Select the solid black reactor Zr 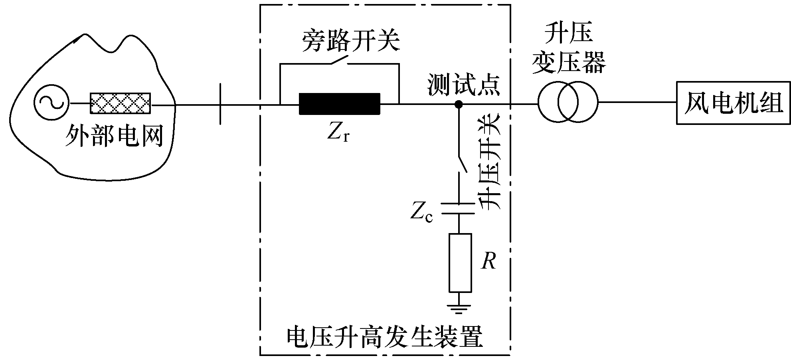pos(339,104)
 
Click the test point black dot pos(459,105)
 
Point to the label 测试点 pos(463,85)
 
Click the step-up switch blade pos(462,162)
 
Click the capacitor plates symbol pos(459,209)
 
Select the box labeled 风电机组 pos(733,103)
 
